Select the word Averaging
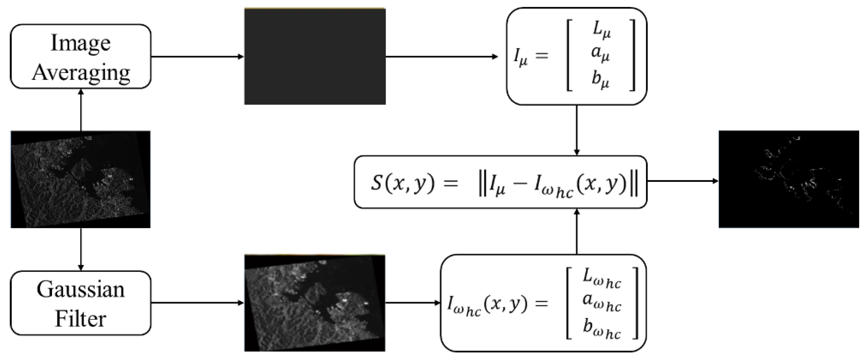pyautogui.click(x=81, y=72)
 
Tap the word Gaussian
pyautogui.click(x=81, y=289)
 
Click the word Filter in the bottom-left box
pyautogui.click(x=81, y=318)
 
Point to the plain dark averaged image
pyautogui.click(x=315, y=56)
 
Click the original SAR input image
pyautogui.click(x=81, y=179)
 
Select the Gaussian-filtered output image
pyautogui.click(x=315, y=303)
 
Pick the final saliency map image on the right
pyautogui.click(x=788, y=179)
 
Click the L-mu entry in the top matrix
pyautogui.click(x=601, y=30)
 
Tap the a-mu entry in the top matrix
pyautogui.click(x=600, y=54)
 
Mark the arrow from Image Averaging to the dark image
pyautogui.click(x=197, y=57)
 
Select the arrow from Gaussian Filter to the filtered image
pyautogui.click(x=197, y=303)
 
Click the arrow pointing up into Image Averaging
pyautogui.click(x=81, y=110)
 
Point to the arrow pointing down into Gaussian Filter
pyautogui.click(x=81, y=249)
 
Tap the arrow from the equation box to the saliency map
pyautogui.click(x=682, y=181)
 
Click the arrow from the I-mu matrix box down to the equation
pyautogui.click(x=576, y=130)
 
